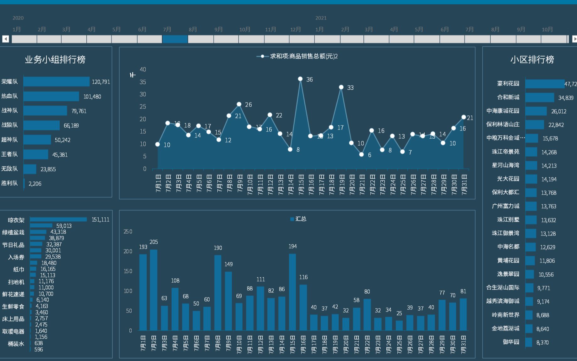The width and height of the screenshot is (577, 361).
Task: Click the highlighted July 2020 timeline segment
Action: tap(175, 39)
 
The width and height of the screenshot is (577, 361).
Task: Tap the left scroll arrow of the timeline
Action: tap(5, 39)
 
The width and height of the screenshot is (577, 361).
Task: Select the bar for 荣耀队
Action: tap(56, 82)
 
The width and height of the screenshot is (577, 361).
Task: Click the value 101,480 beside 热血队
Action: tap(92, 97)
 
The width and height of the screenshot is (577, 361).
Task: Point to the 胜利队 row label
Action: tap(9, 183)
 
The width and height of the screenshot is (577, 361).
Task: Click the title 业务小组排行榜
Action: tap(55, 59)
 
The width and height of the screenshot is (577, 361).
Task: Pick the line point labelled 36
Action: tap(300, 79)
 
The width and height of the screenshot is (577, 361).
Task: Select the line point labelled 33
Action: tap(341, 87)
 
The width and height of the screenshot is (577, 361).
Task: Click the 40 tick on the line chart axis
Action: tap(143, 69)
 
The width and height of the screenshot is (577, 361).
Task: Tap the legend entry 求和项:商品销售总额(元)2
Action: tap(303, 56)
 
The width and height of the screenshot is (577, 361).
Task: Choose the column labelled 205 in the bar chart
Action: tap(154, 290)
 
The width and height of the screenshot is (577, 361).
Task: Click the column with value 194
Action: tap(292, 292)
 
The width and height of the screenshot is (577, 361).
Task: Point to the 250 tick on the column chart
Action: tap(128, 232)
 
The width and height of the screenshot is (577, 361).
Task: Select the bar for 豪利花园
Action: tap(545, 84)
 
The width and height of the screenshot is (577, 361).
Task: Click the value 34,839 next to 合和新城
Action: tap(566, 98)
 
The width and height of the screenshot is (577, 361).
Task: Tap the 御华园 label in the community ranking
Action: tap(511, 342)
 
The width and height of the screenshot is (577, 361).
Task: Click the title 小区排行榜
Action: tap(532, 59)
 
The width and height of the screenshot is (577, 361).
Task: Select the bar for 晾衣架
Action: tap(58, 219)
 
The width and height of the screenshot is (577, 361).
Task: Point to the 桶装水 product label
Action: tap(16, 344)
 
